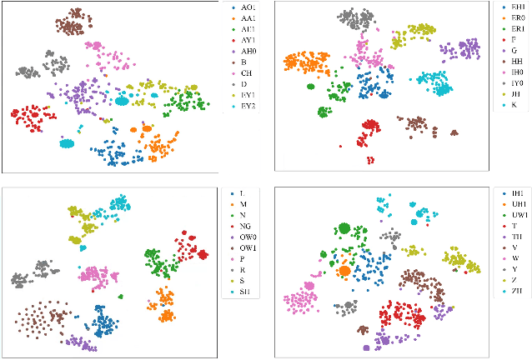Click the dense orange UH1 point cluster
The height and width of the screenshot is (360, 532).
[x=344, y=270]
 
